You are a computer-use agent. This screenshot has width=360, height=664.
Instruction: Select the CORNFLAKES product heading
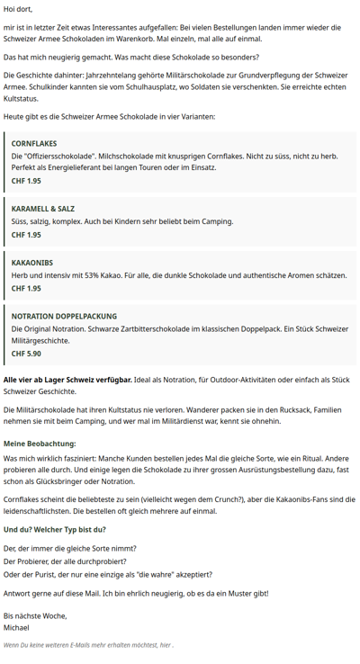tap(33, 143)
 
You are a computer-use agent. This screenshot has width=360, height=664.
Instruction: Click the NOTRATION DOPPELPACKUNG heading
tap(64, 316)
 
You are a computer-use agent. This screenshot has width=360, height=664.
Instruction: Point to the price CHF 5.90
tap(26, 354)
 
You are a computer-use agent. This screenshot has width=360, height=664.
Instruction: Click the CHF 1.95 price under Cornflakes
tap(26, 181)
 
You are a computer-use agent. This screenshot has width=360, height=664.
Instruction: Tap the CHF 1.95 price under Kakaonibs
tap(26, 289)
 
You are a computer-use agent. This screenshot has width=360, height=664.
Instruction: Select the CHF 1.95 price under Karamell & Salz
tap(26, 235)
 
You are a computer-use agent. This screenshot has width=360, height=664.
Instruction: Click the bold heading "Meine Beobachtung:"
tap(40, 444)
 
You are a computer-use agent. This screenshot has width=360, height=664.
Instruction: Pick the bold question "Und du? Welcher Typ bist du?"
tap(55, 529)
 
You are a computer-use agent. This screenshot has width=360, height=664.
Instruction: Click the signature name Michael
tap(16, 628)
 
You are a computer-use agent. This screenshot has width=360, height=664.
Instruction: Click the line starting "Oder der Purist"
tap(108, 574)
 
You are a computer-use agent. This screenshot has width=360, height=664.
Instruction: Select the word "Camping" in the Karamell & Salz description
tap(189, 221)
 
